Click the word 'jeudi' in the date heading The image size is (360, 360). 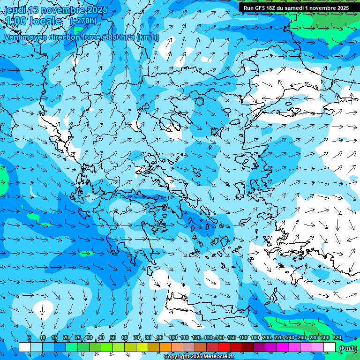(x=15, y=10)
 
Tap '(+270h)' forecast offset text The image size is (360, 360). (x=83, y=21)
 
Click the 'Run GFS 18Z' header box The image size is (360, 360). (x=296, y=8)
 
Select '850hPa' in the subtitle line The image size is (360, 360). (x=122, y=37)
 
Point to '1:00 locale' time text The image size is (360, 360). (x=33, y=21)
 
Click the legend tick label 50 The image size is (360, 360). (x=113, y=338)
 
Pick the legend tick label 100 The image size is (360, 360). (x=172, y=338)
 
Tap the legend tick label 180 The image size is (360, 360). (x=255, y=338)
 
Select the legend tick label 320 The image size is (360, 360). (x=337, y=338)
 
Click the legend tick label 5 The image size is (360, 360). (x=30, y=338)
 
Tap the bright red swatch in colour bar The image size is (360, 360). (x=224, y=347)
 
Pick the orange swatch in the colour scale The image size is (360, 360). (x=165, y=347)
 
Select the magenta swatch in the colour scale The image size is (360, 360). (x=283, y=347)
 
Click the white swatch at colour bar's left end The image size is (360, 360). (x=25, y=347)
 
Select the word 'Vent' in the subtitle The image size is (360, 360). (x=13, y=37)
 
